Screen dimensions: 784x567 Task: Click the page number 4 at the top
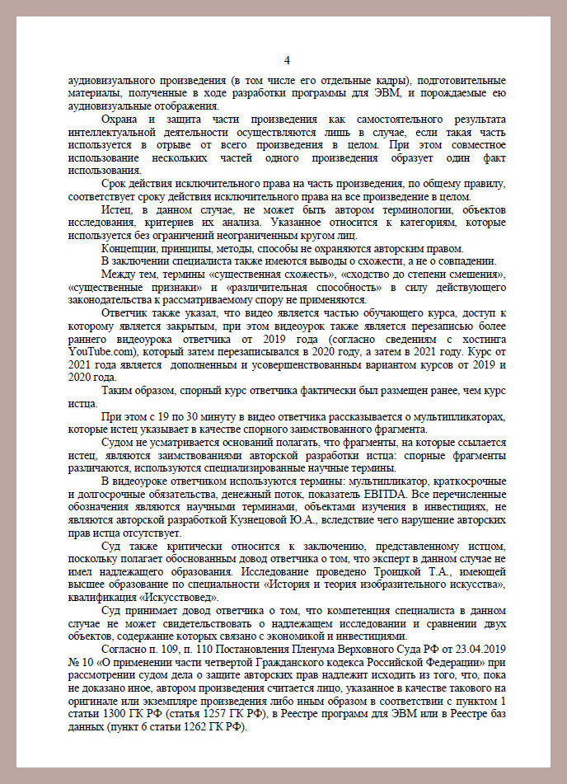point(286,60)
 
